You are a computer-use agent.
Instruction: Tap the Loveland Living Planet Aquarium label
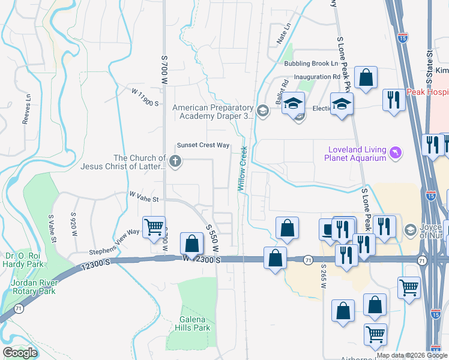pyautogui.click(x=356, y=154)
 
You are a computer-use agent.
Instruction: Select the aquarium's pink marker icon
pyautogui.click(x=395, y=154)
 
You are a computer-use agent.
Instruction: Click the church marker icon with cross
pyautogui.click(x=175, y=161)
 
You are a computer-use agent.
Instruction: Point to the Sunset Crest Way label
pyautogui.click(x=203, y=145)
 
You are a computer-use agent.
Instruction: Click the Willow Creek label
pyautogui.click(x=243, y=169)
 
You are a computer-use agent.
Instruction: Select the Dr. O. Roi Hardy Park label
pyautogui.click(x=24, y=259)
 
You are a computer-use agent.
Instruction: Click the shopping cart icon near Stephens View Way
pyautogui.click(x=154, y=227)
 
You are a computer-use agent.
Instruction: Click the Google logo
pyautogui.click(x=20, y=353)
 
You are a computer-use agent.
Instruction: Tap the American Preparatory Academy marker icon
pyautogui.click(x=262, y=110)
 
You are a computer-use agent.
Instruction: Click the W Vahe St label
pyautogui.click(x=143, y=197)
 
